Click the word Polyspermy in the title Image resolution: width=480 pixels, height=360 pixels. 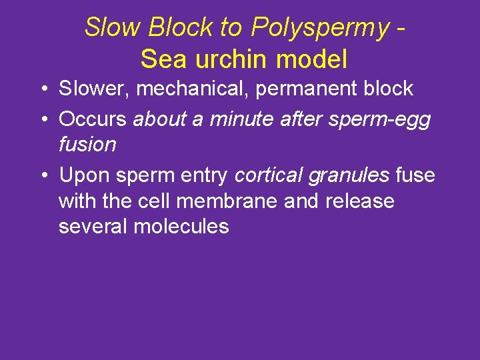[320, 28]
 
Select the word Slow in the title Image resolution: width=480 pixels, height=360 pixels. [113, 28]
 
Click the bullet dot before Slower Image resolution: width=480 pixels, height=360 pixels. [42, 89]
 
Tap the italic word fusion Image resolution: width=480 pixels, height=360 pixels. [87, 144]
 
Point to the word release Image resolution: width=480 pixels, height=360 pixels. [360, 201]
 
